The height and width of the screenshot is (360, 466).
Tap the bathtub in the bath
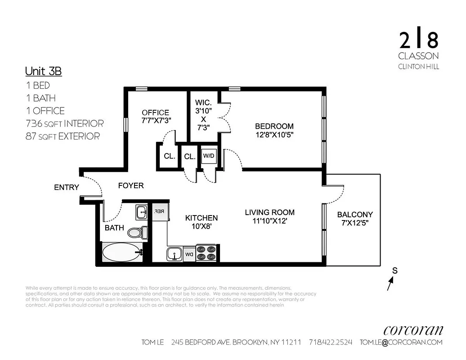pyautogui.click(x=121, y=252)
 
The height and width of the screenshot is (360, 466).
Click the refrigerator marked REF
pyautogui.click(x=160, y=211)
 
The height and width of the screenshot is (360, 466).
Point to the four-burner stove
pyautogui.click(x=207, y=252)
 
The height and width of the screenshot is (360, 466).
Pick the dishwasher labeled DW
pyautogui.click(x=189, y=254)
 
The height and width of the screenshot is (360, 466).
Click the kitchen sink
pyautogui.click(x=174, y=254)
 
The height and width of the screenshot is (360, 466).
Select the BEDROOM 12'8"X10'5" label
pyautogui.click(x=274, y=130)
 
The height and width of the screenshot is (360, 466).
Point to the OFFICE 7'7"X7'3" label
pyautogui.click(x=156, y=116)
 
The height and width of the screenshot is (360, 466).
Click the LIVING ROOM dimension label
pyautogui.click(x=269, y=216)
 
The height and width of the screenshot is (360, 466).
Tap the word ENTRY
pyautogui.click(x=67, y=187)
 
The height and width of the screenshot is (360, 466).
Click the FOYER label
pyautogui.click(x=131, y=185)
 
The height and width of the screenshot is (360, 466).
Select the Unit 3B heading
pyautogui.click(x=43, y=71)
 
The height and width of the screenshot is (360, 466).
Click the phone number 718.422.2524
pyautogui.click(x=331, y=342)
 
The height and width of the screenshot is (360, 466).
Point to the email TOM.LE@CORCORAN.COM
pyautogui.click(x=401, y=342)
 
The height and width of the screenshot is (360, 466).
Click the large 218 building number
pyautogui.click(x=418, y=40)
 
